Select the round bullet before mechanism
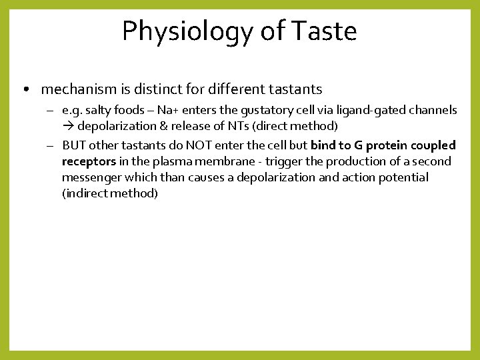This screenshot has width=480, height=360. coord(25,89)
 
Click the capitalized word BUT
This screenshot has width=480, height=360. coord(74,145)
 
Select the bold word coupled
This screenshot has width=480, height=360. coord(433,145)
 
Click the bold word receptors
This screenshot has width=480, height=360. coord(89,161)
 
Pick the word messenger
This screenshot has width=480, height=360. coord(90,177)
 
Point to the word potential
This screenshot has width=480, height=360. coord(404,177)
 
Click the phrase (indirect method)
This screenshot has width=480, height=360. coord(110,193)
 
